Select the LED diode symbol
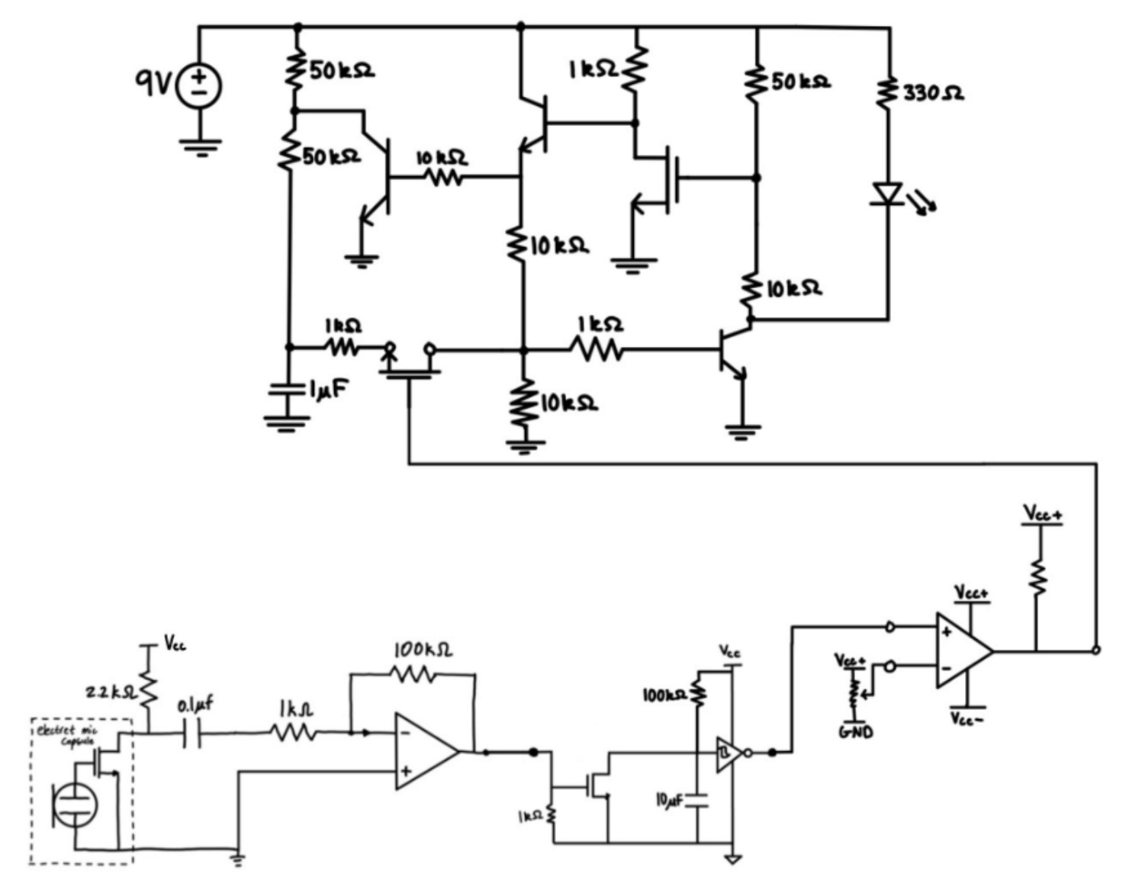click(888, 194)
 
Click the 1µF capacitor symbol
click(288, 390)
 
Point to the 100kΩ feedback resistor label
click(423, 650)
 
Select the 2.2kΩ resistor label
click(109, 692)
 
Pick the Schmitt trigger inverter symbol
click(729, 754)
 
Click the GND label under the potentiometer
click(855, 733)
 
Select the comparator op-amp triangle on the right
click(963, 651)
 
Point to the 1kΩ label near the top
click(593, 69)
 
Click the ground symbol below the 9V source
click(201, 146)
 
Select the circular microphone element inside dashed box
click(75, 804)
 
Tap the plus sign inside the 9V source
click(199, 76)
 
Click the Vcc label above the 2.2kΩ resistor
click(175, 644)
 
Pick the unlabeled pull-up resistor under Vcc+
click(1037, 576)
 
